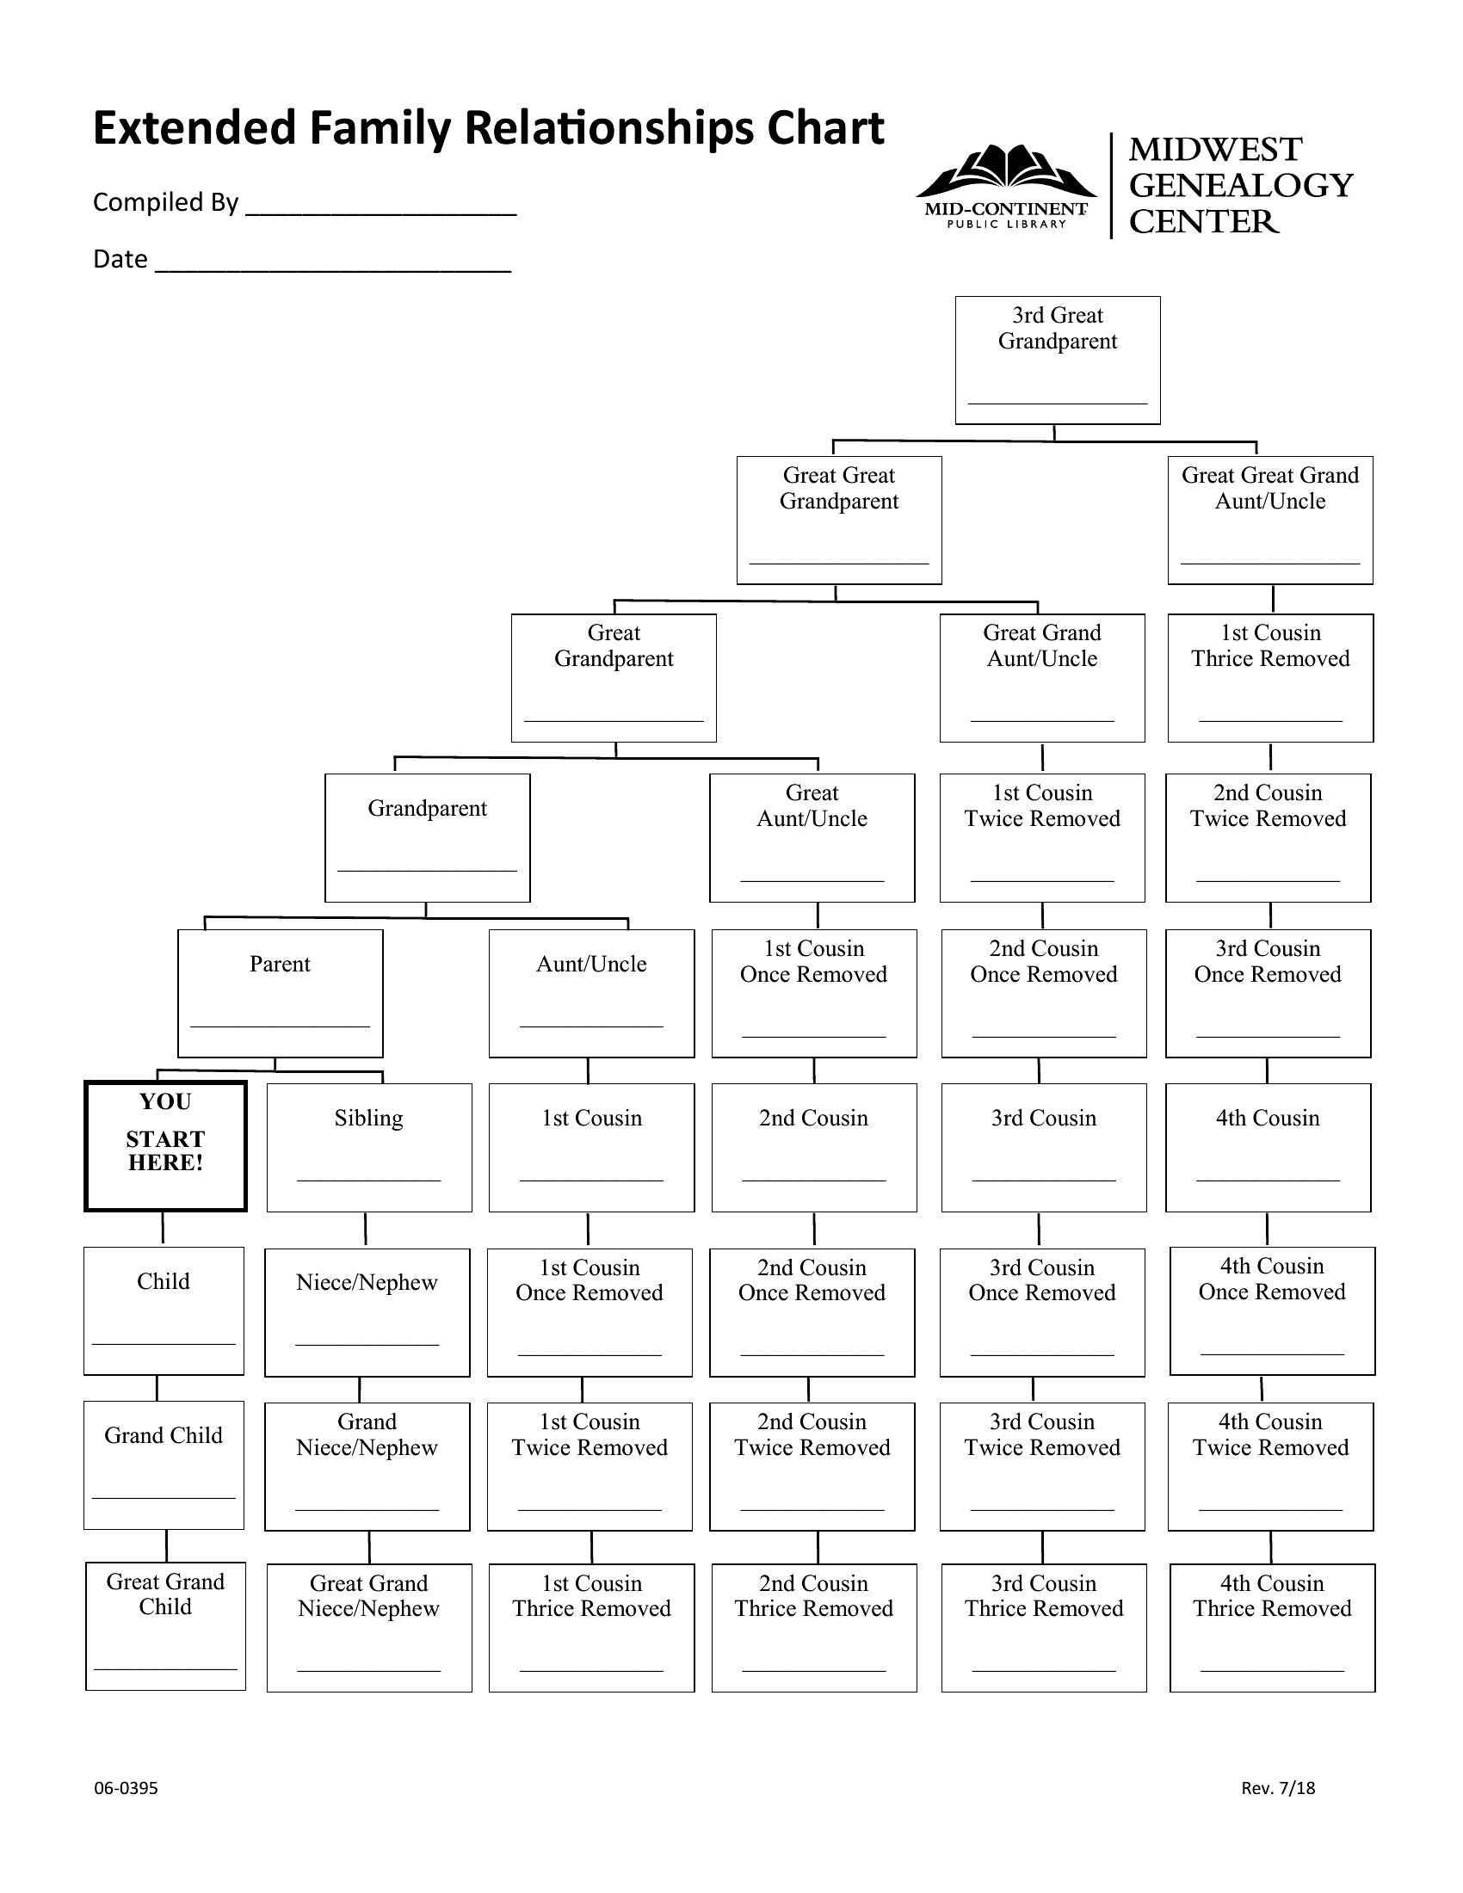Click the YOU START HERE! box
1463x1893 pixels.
pos(165,1145)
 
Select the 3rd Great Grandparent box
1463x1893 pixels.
pos(1058,360)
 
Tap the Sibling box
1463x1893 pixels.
pos(369,1148)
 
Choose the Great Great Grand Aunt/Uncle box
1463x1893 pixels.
pos(1270,520)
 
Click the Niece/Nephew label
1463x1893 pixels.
pos(367,1282)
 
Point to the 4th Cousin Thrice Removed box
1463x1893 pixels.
pos(1272,1628)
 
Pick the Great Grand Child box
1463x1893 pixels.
pos(165,1626)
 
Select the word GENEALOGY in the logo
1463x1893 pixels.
pos(1241,186)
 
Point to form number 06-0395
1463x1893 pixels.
pos(126,1788)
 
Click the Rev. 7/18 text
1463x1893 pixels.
pos(1278,1788)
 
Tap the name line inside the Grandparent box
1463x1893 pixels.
pos(428,870)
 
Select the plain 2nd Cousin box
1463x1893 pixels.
pos(814,1148)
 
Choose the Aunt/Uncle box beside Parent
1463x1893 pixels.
pos(592,993)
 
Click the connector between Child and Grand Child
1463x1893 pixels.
pos(157,1388)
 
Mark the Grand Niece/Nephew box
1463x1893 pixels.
pos(367,1466)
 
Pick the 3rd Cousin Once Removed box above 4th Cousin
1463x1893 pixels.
pos(1268,993)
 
